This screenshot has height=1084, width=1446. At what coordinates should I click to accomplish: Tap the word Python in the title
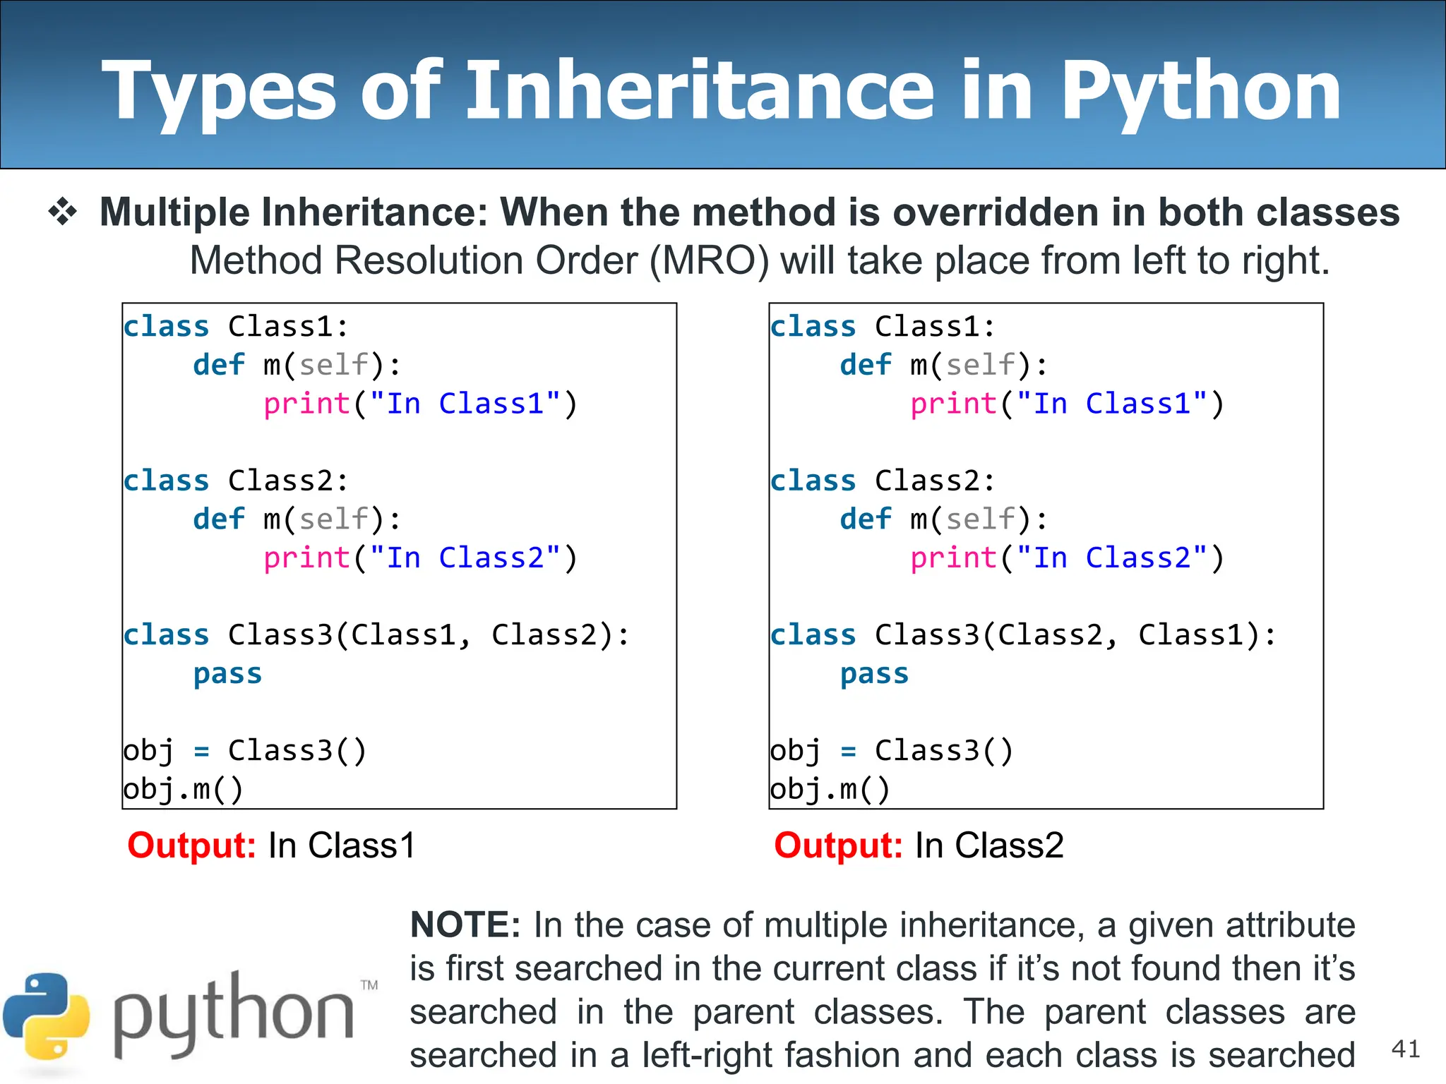(x=1200, y=92)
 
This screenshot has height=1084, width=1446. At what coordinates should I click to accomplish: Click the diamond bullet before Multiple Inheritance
(x=63, y=212)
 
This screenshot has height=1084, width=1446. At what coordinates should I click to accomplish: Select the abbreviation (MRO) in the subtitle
(x=709, y=260)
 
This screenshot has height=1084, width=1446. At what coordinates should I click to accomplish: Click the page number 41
(x=1405, y=1049)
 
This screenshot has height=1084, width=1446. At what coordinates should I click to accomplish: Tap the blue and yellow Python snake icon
(x=47, y=1016)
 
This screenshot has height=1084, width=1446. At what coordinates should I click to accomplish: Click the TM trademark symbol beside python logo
(x=369, y=985)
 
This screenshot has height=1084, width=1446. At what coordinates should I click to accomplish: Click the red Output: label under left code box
(x=191, y=845)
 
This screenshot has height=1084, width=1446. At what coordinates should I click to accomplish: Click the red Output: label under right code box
(x=838, y=845)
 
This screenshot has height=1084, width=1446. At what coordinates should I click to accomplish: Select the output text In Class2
(x=989, y=845)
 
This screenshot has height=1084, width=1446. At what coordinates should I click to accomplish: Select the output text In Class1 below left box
(x=342, y=845)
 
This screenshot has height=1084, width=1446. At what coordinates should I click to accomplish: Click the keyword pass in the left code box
(x=227, y=674)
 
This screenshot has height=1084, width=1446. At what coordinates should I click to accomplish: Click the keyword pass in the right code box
(x=874, y=674)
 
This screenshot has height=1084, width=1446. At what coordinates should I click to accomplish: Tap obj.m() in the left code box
(x=183, y=789)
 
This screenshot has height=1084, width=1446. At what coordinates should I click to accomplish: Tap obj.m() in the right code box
(x=830, y=789)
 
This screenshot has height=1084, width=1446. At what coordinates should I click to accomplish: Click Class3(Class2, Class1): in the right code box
(x=1075, y=635)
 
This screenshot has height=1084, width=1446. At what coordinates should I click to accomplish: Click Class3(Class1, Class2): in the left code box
(x=429, y=635)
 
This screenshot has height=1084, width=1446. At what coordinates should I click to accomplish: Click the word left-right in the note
(x=707, y=1055)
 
